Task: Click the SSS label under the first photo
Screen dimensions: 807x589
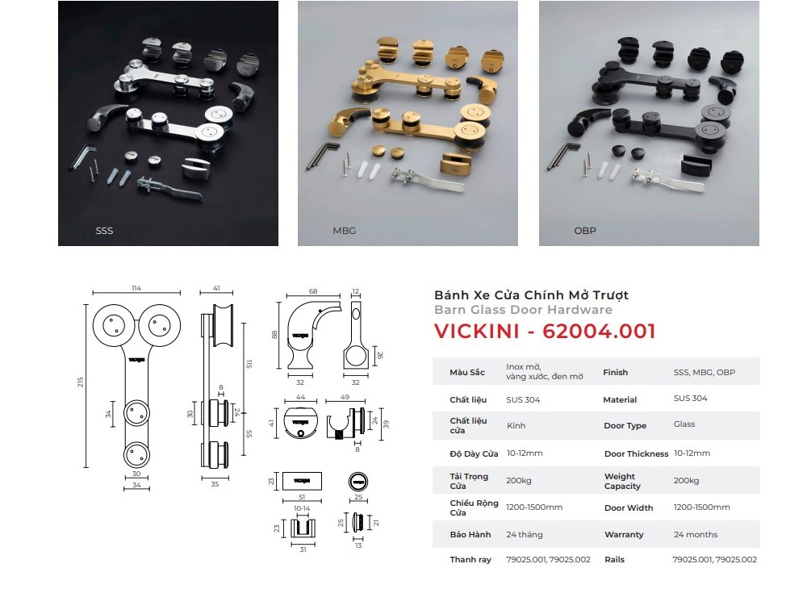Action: point(104,231)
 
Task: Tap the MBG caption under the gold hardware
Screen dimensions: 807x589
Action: point(345,231)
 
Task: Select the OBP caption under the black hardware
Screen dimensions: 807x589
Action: point(585,231)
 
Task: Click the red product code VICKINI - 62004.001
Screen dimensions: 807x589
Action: point(545,331)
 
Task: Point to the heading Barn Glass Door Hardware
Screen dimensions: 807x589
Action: point(524,310)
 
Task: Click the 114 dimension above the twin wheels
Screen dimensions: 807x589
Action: point(136,288)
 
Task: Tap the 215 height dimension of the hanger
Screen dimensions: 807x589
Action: point(80,382)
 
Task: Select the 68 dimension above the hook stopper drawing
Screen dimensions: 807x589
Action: point(313,291)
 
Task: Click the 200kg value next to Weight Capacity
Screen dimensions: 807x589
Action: point(686,480)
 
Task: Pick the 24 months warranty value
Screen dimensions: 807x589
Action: point(696,534)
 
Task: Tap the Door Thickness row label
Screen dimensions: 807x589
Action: point(636,453)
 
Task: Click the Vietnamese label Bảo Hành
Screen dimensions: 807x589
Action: point(470,534)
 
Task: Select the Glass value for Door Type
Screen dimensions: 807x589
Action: point(684,424)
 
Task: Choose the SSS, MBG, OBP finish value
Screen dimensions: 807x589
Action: point(704,373)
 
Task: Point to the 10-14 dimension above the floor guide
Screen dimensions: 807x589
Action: point(302,508)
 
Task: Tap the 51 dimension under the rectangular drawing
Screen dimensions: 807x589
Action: point(302,497)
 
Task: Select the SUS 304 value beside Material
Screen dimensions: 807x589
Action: point(690,398)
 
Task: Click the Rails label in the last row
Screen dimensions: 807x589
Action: point(614,560)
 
